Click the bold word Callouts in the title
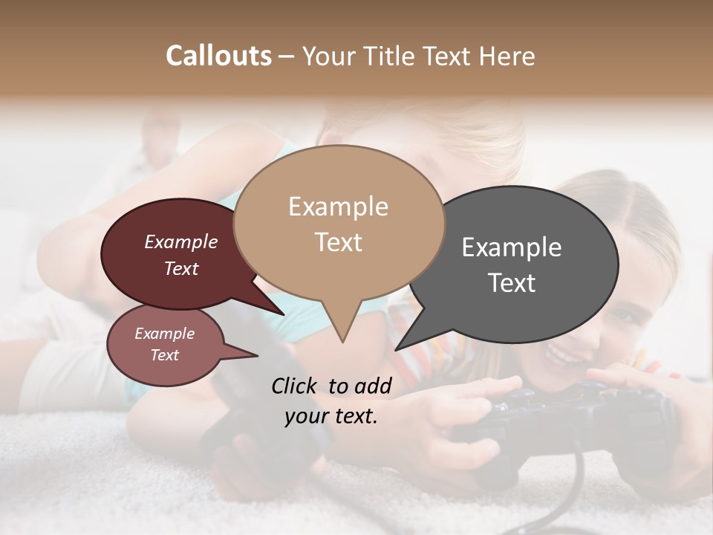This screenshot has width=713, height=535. point(218,56)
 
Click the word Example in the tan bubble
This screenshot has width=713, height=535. point(338,207)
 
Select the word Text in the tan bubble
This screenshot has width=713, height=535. point(338,242)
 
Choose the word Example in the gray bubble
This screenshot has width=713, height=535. point(511,247)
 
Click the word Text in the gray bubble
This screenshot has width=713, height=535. point(511,283)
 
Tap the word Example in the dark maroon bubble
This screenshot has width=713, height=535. point(181,241)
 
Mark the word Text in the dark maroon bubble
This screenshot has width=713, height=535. point(181,268)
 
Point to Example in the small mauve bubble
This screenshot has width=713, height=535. point(164,334)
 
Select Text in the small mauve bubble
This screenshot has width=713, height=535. point(164,355)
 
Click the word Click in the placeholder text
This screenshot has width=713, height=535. point(294,386)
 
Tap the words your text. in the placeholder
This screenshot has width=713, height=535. point(331,416)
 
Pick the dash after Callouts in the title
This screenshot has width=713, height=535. point(287,56)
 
